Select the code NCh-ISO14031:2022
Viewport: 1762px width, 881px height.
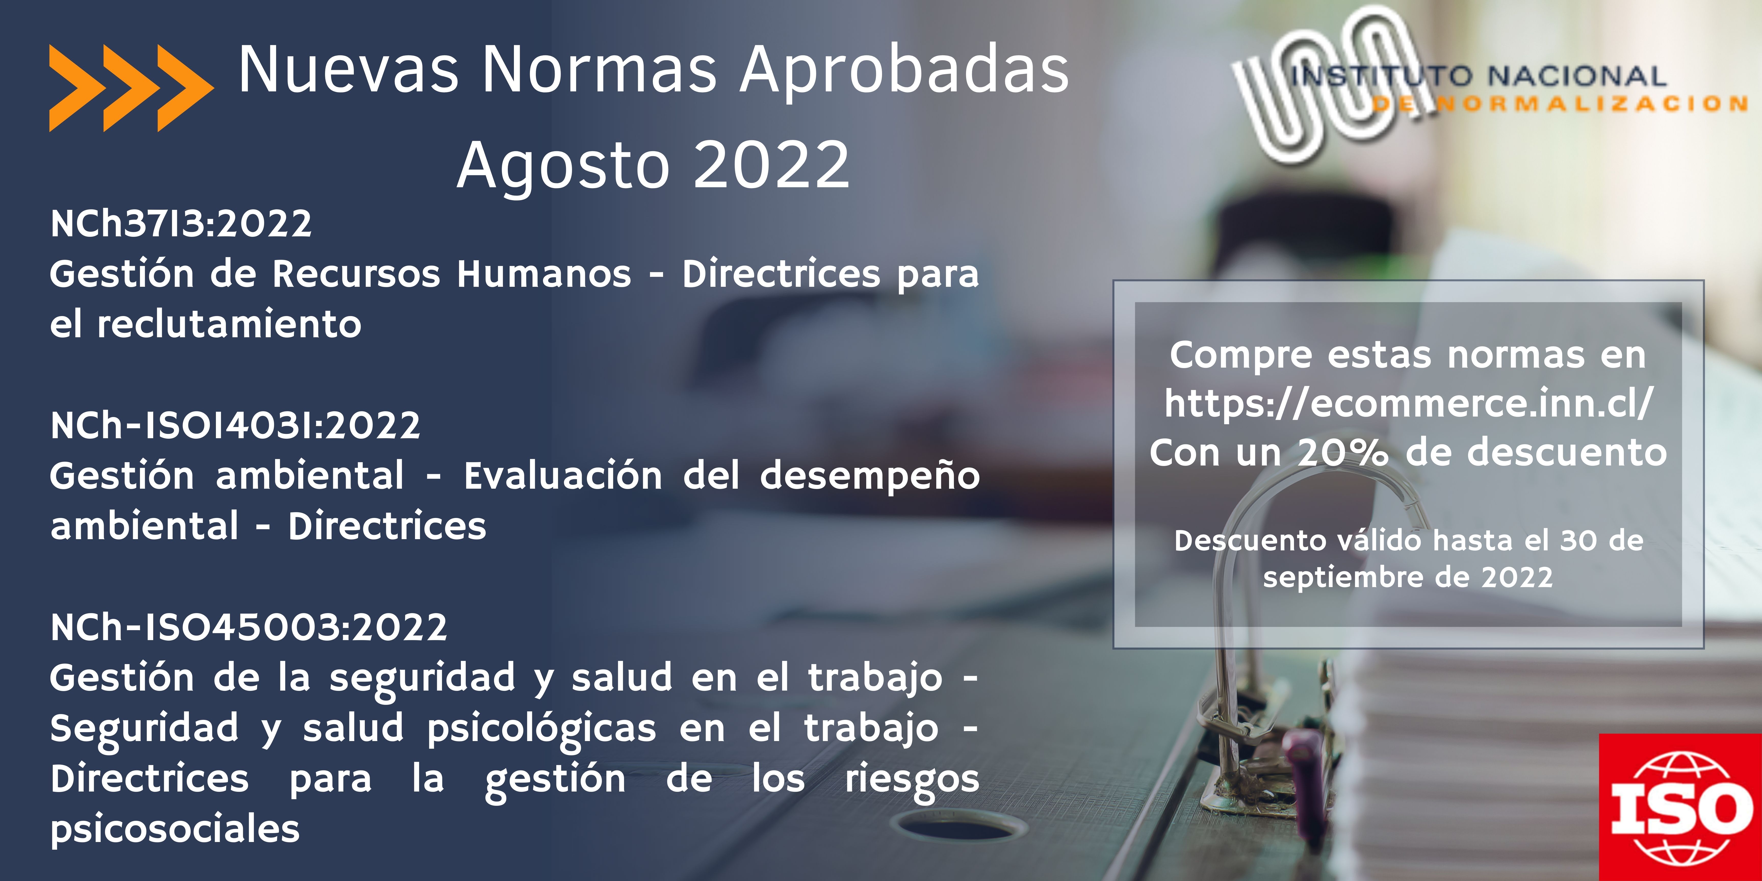235,425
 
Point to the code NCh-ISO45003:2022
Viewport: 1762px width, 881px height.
249,627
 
